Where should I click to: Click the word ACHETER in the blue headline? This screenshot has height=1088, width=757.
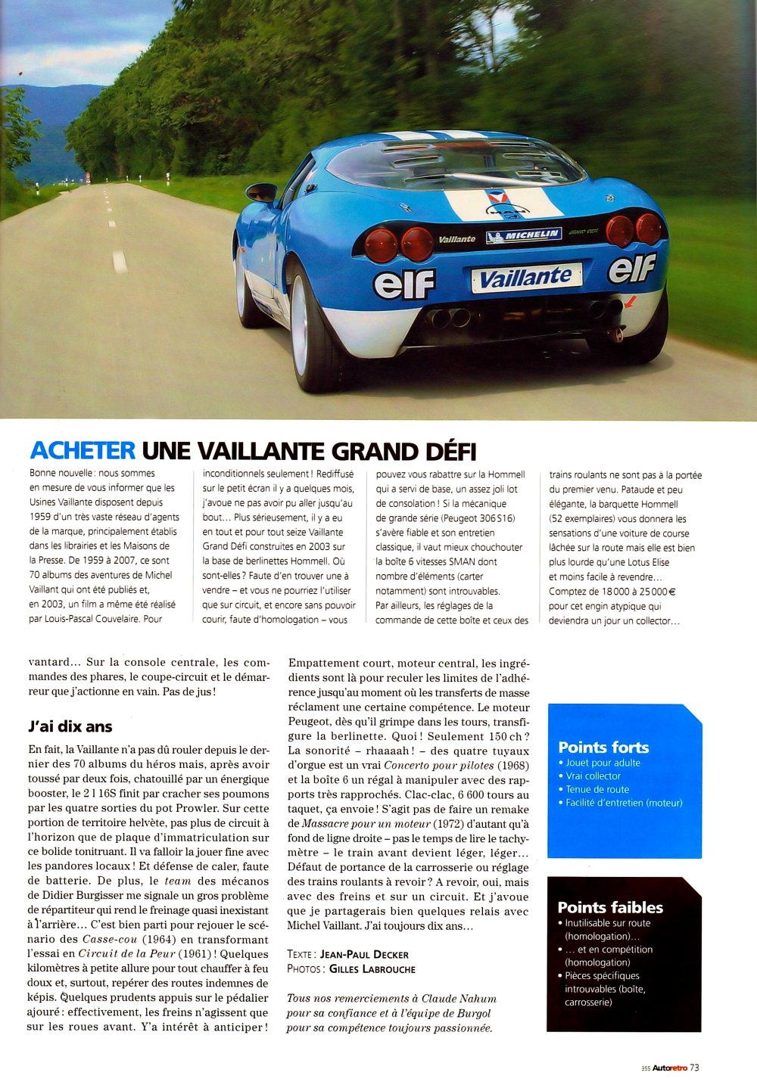[83, 451]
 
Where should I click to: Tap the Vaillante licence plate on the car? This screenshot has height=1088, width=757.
[525, 278]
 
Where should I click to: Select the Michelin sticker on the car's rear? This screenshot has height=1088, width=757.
[524, 236]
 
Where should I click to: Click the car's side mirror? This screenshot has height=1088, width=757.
[262, 193]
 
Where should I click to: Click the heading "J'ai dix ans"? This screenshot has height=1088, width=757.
[70, 726]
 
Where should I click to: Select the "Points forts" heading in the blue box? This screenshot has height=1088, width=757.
[603, 748]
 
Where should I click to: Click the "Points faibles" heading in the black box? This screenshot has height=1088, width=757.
[610, 907]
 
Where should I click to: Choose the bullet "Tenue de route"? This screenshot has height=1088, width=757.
[597, 789]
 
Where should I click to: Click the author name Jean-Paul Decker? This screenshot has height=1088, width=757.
[364, 955]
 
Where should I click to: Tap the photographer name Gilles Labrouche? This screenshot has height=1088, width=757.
[372, 969]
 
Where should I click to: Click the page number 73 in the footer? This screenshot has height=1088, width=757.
[694, 1068]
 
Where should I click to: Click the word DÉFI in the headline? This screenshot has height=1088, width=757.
[443, 452]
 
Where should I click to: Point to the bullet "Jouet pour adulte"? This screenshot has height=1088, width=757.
[603, 763]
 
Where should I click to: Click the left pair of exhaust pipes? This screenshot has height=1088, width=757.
[449, 318]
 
